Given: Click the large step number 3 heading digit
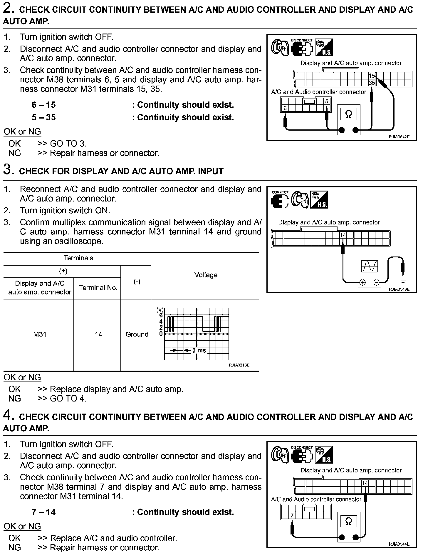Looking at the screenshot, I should pyautogui.click(x=8, y=170).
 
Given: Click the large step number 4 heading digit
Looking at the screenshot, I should pyautogui.click(x=8, y=415).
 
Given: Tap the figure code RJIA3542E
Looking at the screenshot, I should pyautogui.click(x=399, y=137).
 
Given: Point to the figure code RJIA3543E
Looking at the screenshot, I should pyautogui.click(x=399, y=289).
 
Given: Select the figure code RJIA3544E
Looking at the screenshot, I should pyautogui.click(x=399, y=544).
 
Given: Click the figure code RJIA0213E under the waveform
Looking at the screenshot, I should pyautogui.click(x=239, y=365).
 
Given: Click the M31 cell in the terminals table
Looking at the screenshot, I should pyautogui.click(x=40, y=334).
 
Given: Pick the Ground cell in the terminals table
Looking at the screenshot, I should pyautogui.click(x=137, y=334).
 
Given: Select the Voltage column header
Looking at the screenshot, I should pyautogui.click(x=206, y=275).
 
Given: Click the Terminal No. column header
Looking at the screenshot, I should pyautogui.click(x=98, y=288).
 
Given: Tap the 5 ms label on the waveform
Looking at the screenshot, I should pyautogui.click(x=199, y=351).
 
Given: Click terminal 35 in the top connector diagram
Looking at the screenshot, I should pyautogui.click(x=372, y=83).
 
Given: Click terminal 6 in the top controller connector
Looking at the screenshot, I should pyautogui.click(x=285, y=108).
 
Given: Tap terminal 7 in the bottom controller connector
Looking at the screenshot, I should pyautogui.click(x=292, y=515).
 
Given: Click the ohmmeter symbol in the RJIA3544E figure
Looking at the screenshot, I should pyautogui.click(x=348, y=522).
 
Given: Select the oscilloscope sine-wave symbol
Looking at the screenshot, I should pyautogui.click(x=369, y=266).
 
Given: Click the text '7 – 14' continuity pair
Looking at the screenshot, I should pyautogui.click(x=44, y=512).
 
